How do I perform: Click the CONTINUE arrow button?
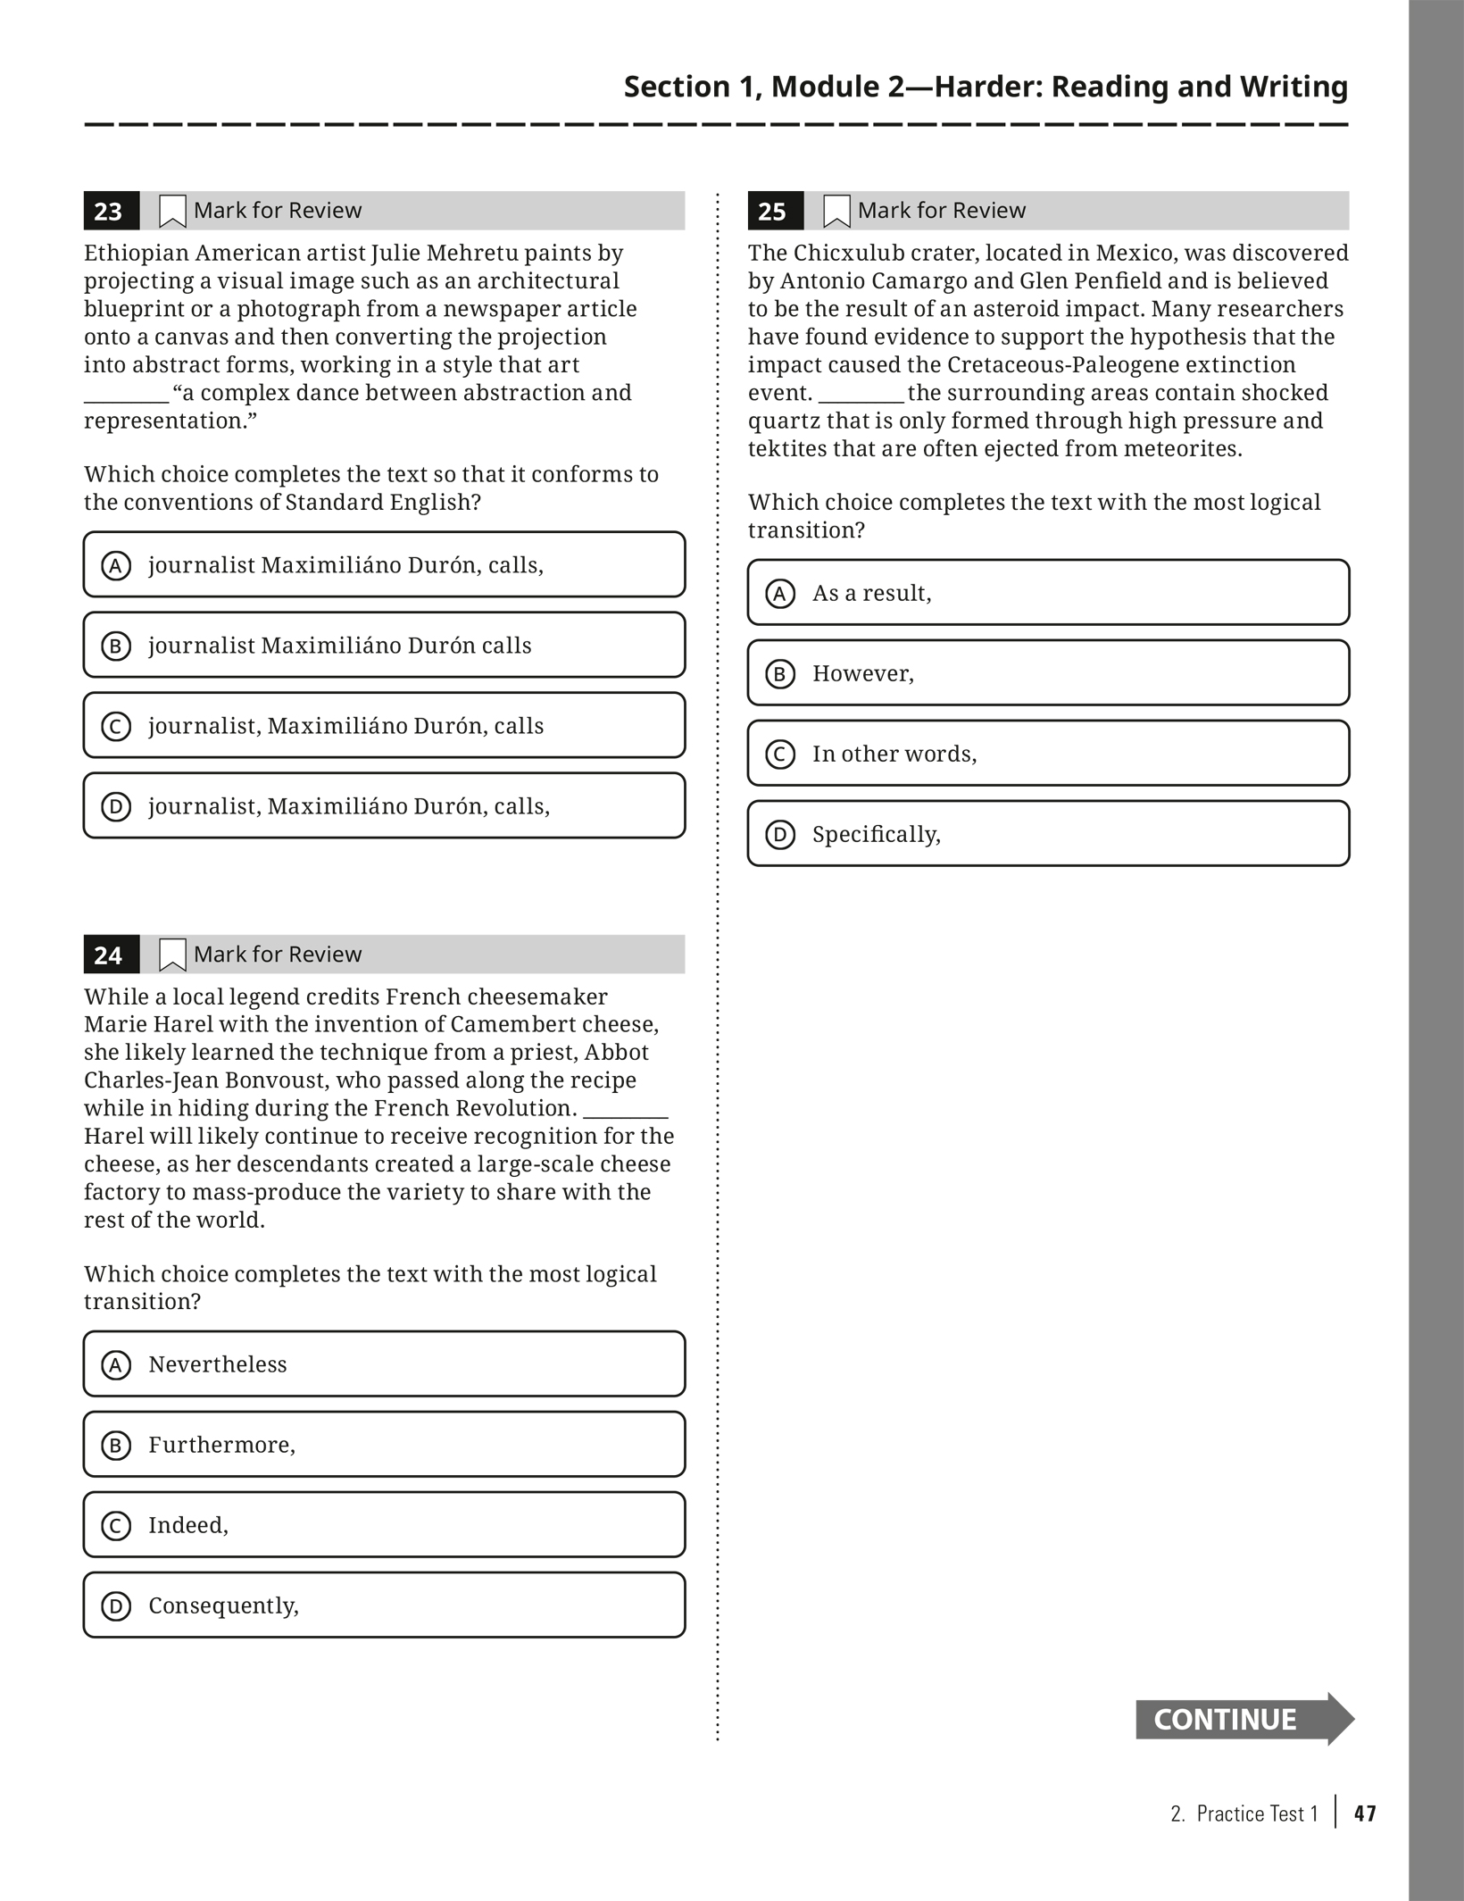[x=1243, y=1719]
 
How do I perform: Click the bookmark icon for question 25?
[x=836, y=212]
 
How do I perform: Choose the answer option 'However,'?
[x=1048, y=673]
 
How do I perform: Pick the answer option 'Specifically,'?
[x=1048, y=834]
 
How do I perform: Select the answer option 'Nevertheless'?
[x=384, y=1364]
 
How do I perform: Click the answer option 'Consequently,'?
[x=384, y=1605]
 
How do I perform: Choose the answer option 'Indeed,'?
[x=384, y=1525]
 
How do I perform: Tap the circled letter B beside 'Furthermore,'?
[x=116, y=1445]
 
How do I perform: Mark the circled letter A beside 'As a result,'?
[x=780, y=594]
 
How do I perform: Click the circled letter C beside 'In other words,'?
[x=780, y=755]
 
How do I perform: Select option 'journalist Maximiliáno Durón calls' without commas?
[x=384, y=646]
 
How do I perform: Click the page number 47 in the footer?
[x=1365, y=1813]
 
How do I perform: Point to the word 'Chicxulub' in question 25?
[x=850, y=254]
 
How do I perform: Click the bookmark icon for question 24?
[x=172, y=955]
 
